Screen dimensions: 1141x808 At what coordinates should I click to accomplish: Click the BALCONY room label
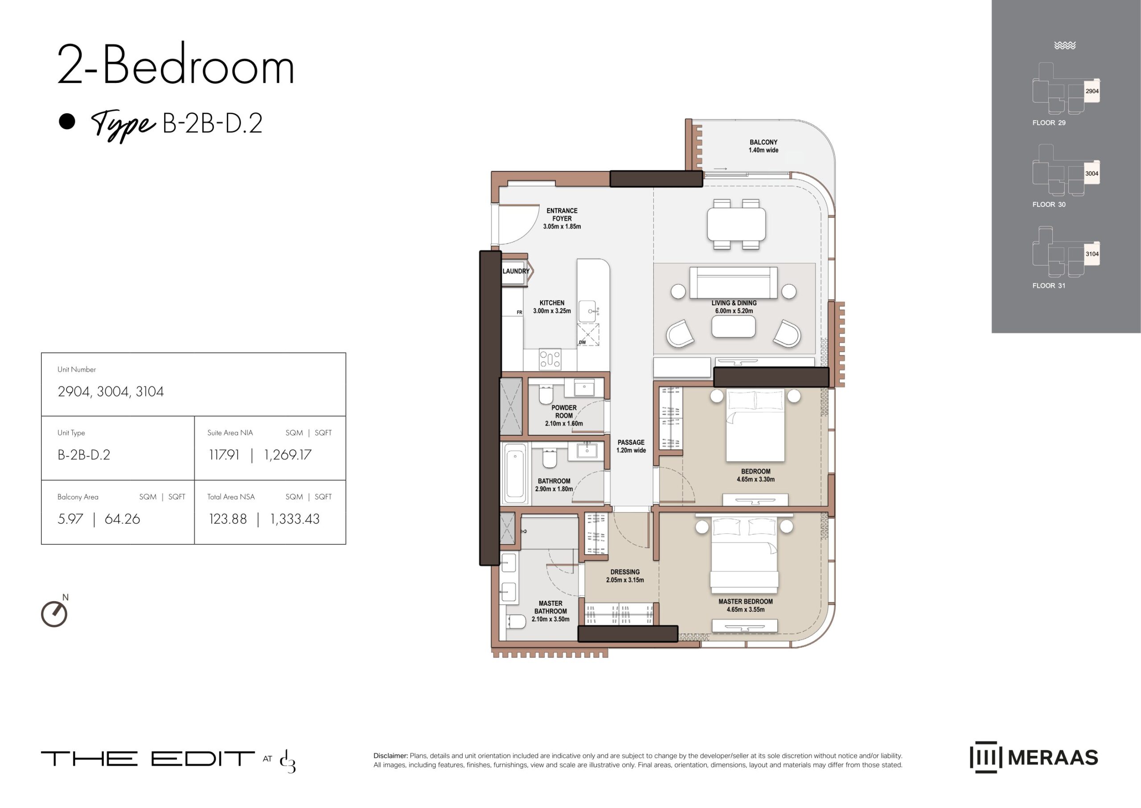coord(763,142)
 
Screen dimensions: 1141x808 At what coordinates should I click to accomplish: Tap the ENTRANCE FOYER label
coord(562,214)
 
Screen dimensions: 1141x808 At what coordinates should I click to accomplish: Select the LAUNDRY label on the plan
coord(516,271)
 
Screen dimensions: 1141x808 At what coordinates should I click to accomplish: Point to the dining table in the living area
coord(736,224)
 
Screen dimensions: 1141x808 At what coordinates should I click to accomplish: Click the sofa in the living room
coord(734,282)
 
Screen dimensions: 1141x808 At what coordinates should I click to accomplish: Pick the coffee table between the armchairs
coord(734,327)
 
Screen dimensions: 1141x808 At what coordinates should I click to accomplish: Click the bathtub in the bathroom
coord(516,473)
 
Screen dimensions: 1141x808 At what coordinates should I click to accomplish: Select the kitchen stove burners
coord(550,359)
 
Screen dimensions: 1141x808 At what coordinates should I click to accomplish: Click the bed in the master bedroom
coord(744,552)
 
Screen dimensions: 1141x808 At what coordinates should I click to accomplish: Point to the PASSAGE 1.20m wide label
coord(631,446)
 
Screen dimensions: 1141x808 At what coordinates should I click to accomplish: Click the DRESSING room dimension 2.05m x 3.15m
coord(625,580)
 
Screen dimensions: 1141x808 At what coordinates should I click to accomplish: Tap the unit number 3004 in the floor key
coord(1091,174)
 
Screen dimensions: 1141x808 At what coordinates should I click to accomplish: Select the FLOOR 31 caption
coord(1049,286)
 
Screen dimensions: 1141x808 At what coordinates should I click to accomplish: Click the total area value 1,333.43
coord(295,519)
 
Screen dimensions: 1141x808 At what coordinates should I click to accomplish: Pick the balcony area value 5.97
coord(70,519)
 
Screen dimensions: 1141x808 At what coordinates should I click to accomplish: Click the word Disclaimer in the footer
coord(390,756)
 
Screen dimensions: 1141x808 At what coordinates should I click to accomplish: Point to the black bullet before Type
coord(67,121)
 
